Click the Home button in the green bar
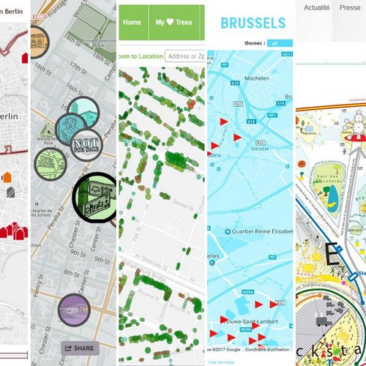[x=132, y=22]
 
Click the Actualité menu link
[x=316, y=7]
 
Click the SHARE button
[x=79, y=348]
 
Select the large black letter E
[x=332, y=257]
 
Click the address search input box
[x=184, y=56]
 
